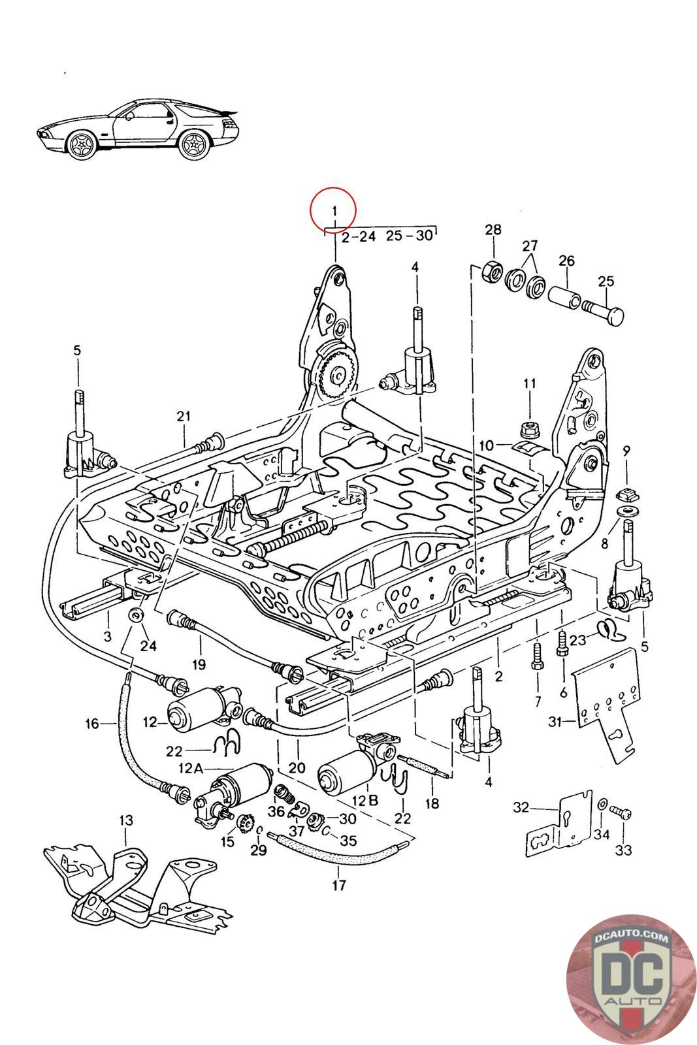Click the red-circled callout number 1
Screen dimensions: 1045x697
coord(333,211)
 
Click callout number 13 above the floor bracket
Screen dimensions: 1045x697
coord(125,820)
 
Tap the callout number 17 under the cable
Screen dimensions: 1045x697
coord(338,886)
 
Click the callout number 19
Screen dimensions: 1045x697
coord(199,664)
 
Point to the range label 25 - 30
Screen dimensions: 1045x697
coord(409,234)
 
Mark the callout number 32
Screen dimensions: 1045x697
coord(521,808)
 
